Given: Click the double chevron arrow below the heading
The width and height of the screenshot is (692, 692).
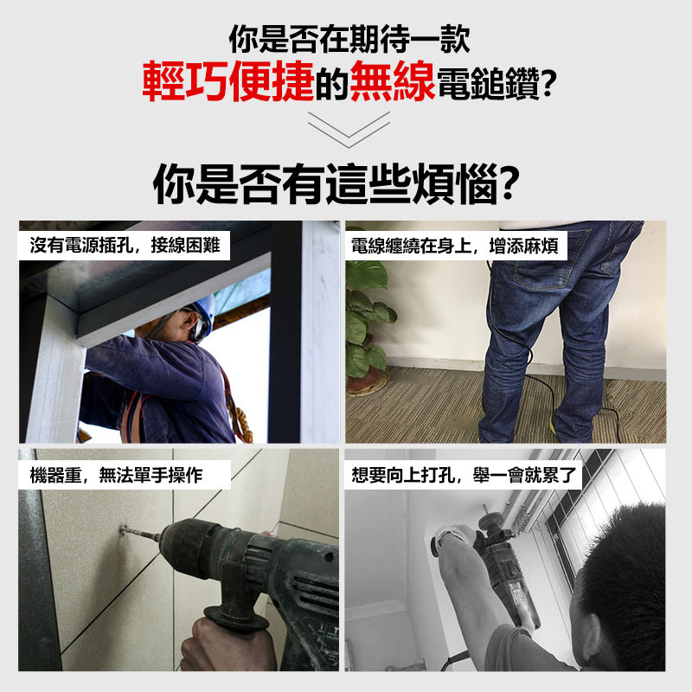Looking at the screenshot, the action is [349, 129].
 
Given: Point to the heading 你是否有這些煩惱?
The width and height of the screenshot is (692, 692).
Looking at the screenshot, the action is [336, 184].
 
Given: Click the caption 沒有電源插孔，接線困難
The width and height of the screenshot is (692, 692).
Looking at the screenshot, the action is [125, 246].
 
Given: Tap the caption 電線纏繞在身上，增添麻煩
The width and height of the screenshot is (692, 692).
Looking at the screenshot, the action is [455, 246].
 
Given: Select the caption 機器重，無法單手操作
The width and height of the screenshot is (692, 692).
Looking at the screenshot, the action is [116, 475].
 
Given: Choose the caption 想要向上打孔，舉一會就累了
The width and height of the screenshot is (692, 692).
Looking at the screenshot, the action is [464, 475].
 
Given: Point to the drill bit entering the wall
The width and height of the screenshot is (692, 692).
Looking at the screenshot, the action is [140, 533].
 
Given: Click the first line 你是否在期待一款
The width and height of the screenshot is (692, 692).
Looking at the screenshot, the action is [349, 39].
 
